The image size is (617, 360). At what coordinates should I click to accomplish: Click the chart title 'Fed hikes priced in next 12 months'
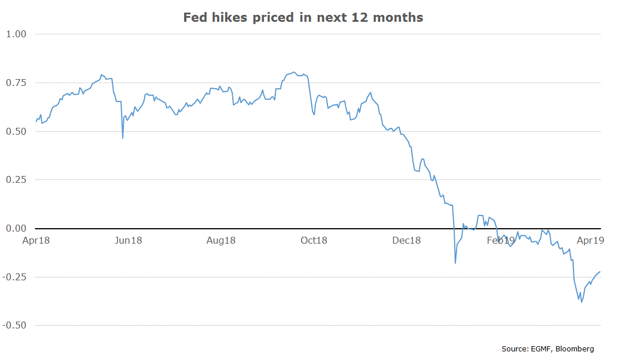point(303,18)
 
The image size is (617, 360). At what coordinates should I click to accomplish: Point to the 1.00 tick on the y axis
point(16,34)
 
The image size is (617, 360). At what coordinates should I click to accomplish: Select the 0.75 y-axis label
point(16,83)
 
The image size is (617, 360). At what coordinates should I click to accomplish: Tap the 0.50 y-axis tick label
point(16,131)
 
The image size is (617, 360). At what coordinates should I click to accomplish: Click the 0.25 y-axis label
point(16,180)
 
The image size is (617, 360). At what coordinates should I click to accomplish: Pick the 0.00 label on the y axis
point(16,229)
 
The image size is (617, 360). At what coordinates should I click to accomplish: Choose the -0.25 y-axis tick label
point(14,277)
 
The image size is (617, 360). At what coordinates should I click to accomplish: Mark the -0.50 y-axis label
point(14,326)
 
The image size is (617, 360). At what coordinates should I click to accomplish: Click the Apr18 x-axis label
point(36,241)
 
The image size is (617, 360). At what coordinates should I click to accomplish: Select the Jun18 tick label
point(128,241)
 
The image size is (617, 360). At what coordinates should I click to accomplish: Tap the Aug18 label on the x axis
point(221,241)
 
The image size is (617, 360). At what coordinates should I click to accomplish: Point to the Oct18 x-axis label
point(314,241)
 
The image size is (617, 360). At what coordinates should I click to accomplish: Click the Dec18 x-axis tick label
point(407,241)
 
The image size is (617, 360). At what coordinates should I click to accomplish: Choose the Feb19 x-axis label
point(501,241)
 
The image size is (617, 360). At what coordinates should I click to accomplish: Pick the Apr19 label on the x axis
point(590,241)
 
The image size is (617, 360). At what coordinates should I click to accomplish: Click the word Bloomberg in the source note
point(575,349)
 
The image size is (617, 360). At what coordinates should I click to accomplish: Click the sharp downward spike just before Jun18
point(123,138)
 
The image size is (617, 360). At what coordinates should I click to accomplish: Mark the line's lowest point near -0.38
point(581,302)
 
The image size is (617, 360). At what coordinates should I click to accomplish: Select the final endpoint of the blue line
point(600,272)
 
